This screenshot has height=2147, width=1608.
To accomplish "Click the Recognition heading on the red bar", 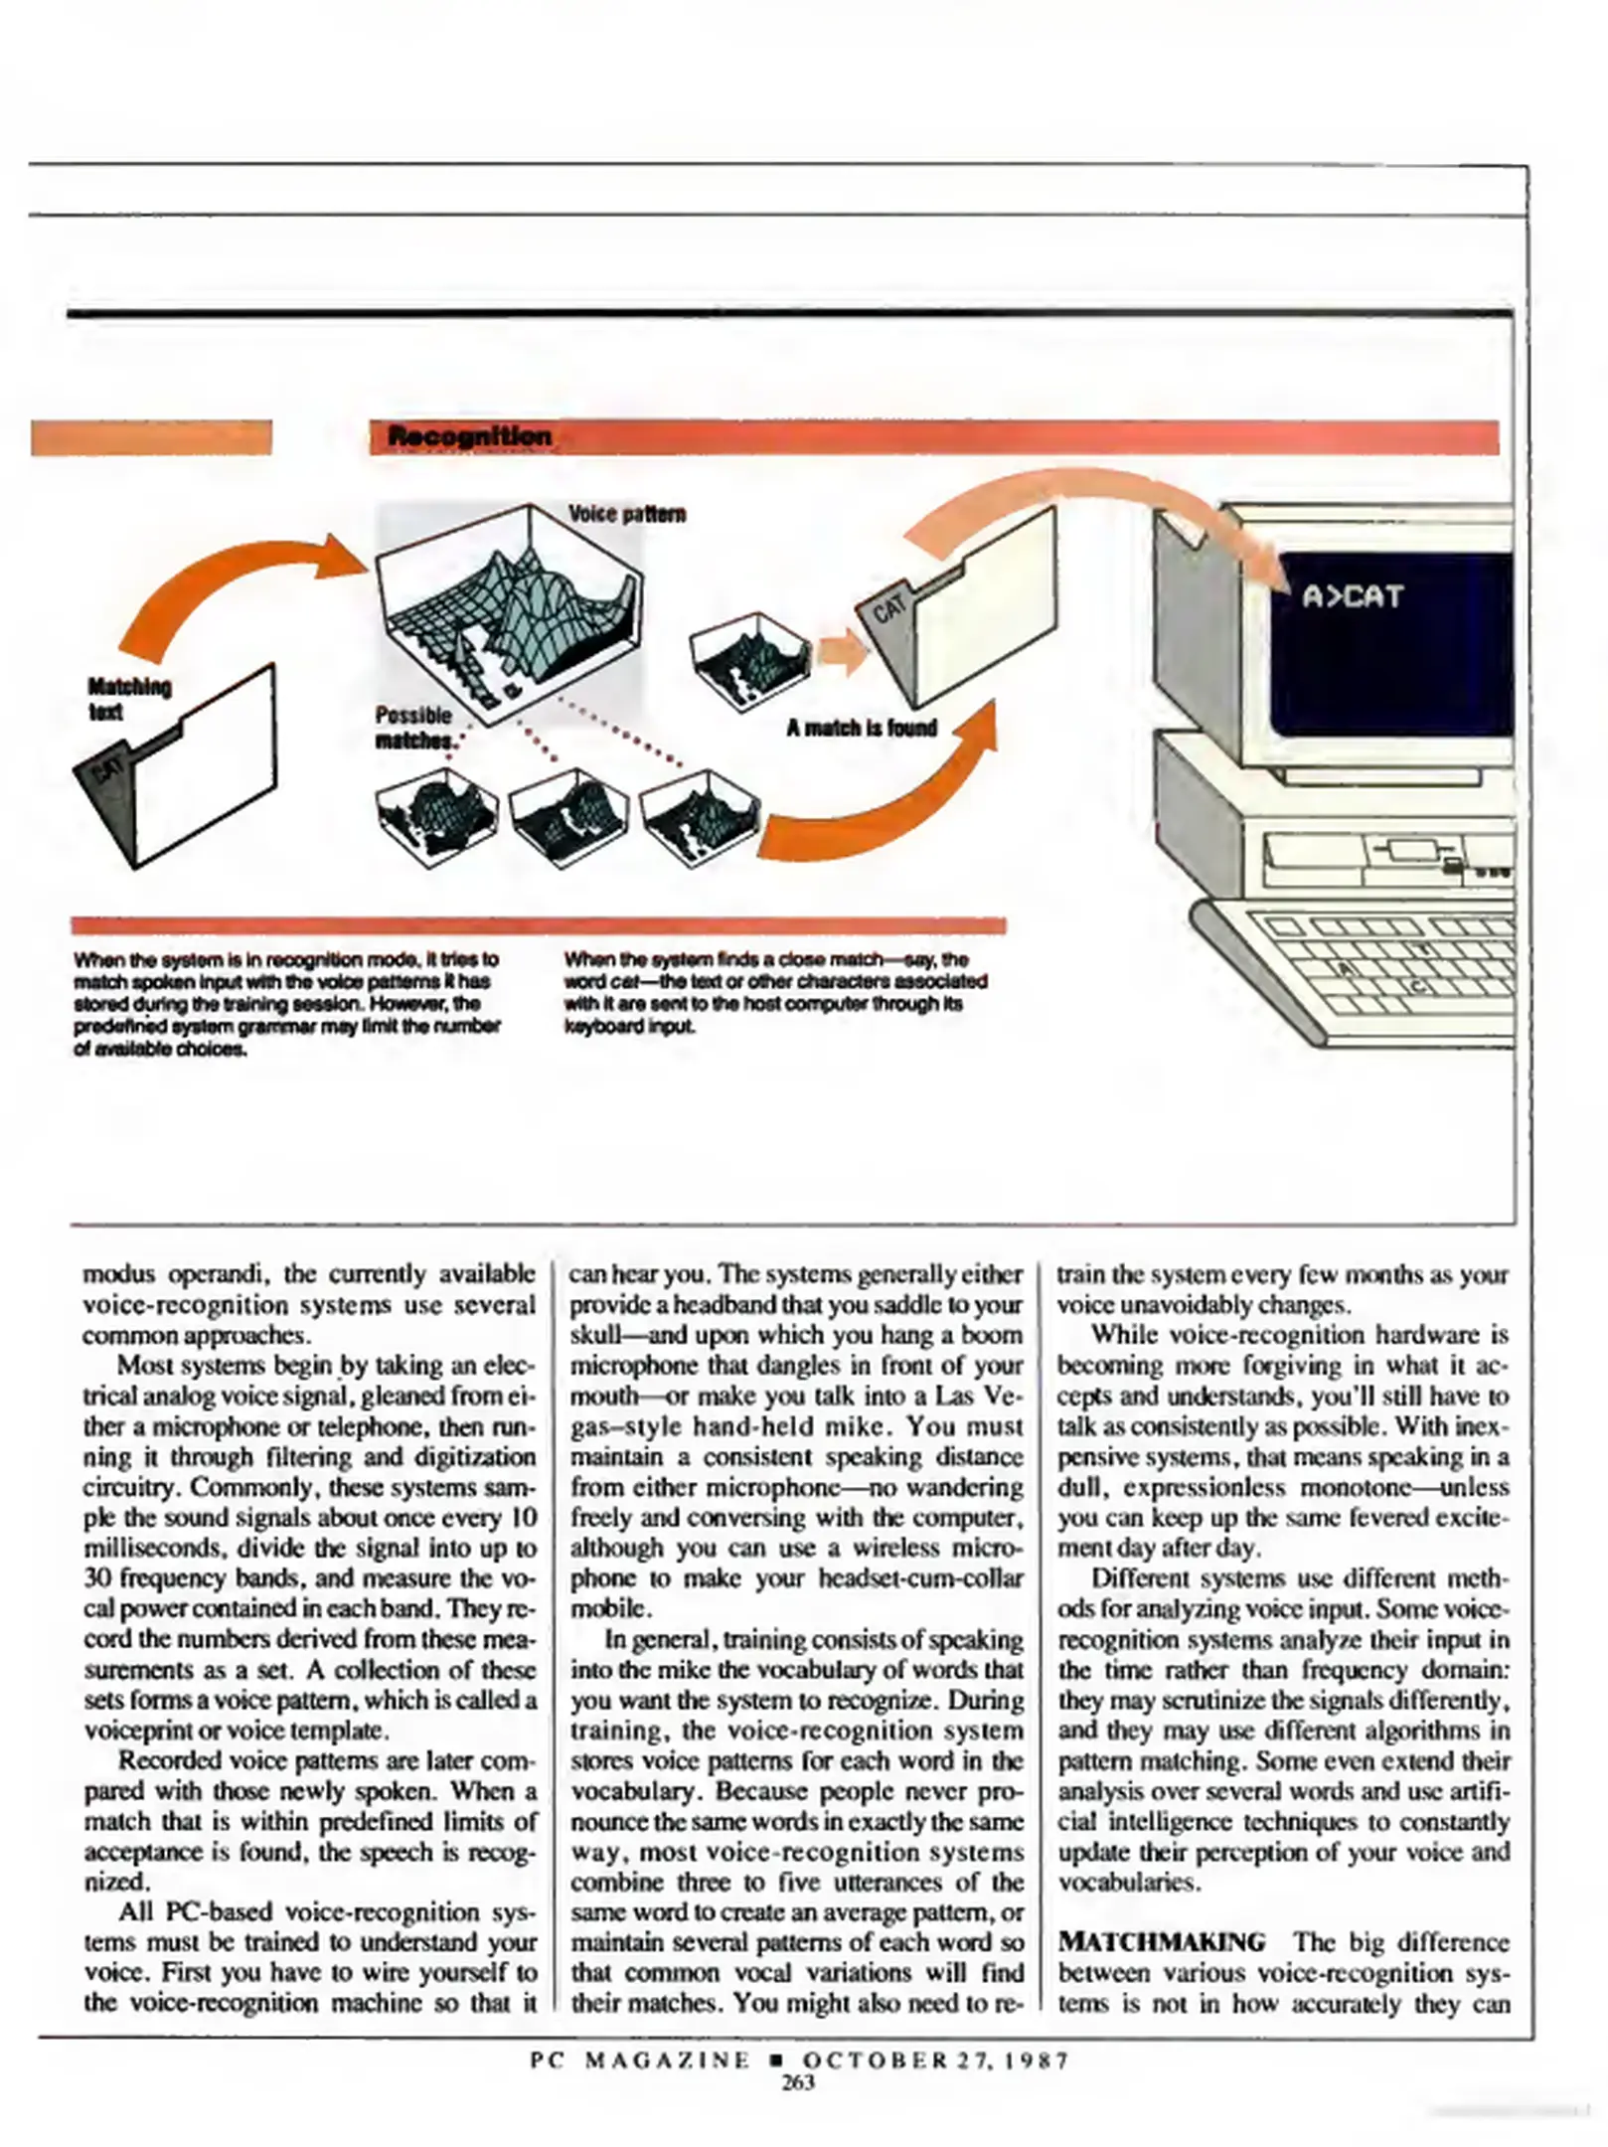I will pyautogui.click(x=469, y=436).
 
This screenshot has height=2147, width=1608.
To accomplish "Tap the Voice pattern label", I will pyautogui.click(x=626, y=514).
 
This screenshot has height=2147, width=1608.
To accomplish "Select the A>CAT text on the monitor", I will pyautogui.click(x=1353, y=596).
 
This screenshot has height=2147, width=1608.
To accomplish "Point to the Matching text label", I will pyautogui.click(x=128, y=699).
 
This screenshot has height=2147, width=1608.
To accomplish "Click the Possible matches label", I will pyautogui.click(x=414, y=728).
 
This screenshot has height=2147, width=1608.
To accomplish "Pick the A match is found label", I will pyautogui.click(x=862, y=729).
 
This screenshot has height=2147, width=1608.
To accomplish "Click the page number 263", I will pyautogui.click(x=798, y=2082).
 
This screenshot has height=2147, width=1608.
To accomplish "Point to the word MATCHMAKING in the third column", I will pyautogui.click(x=1162, y=1941).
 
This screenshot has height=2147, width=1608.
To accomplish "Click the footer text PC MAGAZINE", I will pyautogui.click(x=641, y=2061).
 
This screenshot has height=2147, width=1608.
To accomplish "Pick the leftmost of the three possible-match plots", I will pyautogui.click(x=436, y=815).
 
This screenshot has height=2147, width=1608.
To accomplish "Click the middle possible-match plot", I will pyautogui.click(x=568, y=815).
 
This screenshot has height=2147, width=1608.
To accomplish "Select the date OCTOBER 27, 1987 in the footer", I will pyautogui.click(x=935, y=2061).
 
